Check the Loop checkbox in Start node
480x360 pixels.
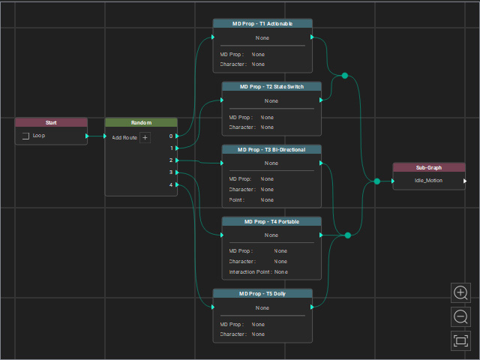click(25, 136)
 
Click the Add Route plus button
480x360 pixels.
click(145, 138)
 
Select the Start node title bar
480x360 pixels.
click(51, 123)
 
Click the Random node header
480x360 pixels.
click(141, 123)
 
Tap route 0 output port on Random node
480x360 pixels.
click(177, 136)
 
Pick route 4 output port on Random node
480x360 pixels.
click(177, 184)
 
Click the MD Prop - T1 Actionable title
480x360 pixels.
click(262, 23)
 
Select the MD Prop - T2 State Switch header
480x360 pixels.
click(271, 87)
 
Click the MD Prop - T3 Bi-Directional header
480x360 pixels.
click(271, 150)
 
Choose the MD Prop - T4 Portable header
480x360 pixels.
click(271, 222)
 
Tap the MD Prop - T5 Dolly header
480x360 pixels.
click(262, 293)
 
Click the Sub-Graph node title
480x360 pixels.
click(429, 168)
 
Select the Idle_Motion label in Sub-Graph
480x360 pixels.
click(428, 181)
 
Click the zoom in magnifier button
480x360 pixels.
click(460, 293)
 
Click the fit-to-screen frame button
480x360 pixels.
click(460, 340)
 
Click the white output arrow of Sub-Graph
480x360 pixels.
click(465, 181)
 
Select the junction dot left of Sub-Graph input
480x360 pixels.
click(377, 181)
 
